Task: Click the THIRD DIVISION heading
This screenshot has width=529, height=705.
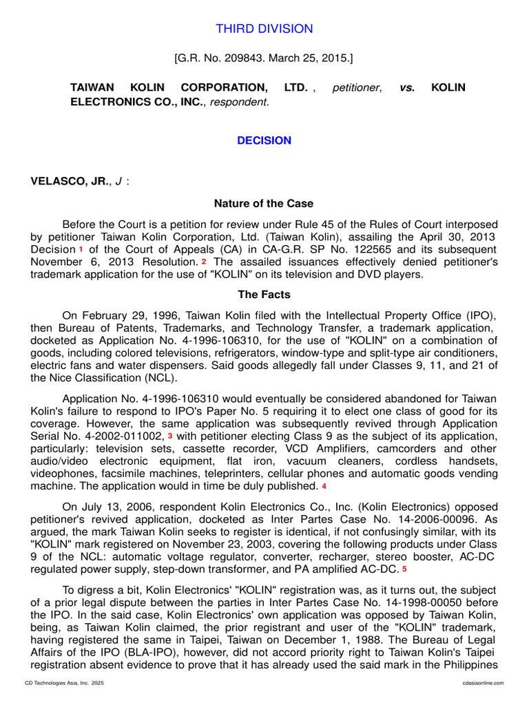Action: click(x=264, y=29)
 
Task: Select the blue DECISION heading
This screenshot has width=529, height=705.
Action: click(x=264, y=140)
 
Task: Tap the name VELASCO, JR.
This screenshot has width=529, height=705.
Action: click(x=70, y=181)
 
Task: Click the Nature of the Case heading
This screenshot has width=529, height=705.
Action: click(x=264, y=204)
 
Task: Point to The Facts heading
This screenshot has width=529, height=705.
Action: click(x=264, y=295)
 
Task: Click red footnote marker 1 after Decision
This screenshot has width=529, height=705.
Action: click(x=81, y=249)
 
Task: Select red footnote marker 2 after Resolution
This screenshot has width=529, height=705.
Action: click(x=204, y=262)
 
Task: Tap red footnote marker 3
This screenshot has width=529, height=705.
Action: click(x=170, y=436)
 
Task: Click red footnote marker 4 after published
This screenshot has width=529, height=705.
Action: click(x=324, y=486)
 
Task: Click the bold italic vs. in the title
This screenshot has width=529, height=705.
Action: click(x=407, y=88)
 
